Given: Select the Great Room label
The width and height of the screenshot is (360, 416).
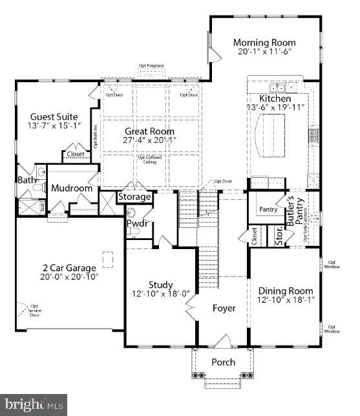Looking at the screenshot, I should tap(149, 131).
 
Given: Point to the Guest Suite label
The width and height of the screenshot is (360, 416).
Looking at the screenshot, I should tap(54, 117).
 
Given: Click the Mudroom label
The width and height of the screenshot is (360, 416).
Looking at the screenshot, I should tap(72, 188).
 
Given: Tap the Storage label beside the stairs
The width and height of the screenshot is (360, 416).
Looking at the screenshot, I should tap(134, 197).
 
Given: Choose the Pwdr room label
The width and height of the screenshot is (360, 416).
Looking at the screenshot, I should tap(137, 224).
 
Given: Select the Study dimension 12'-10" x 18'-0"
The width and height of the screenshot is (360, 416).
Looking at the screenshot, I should tap(160, 294).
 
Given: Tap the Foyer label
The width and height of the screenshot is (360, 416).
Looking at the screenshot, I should tap(224, 309).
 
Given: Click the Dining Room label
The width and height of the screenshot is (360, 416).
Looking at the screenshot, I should tap(285, 291).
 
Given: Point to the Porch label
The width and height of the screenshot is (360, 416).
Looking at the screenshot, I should tap(224, 362).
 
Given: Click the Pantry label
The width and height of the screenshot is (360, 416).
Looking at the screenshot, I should tap(268, 210).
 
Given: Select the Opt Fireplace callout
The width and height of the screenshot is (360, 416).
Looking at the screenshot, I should tap(152, 65).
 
